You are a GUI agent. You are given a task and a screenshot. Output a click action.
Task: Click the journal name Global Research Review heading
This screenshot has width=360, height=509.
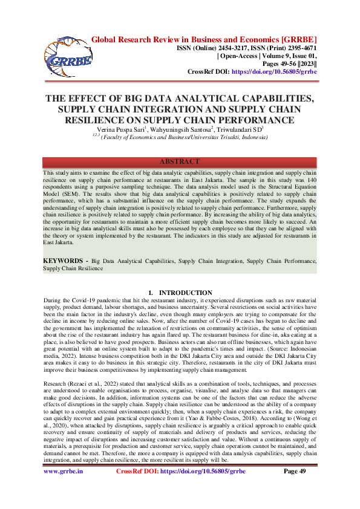204,41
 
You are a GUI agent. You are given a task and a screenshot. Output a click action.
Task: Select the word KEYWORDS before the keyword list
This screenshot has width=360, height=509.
63,277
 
